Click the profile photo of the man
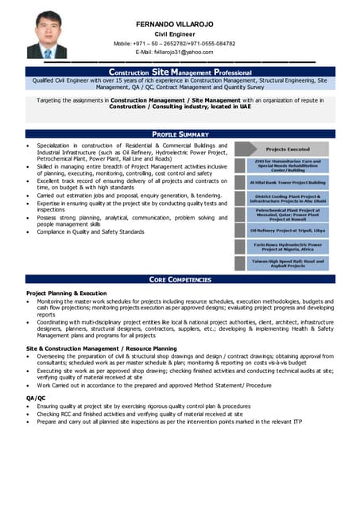click(47, 35)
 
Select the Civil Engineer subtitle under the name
click(184, 33)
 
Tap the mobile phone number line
click(185, 43)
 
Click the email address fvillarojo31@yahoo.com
click(184, 52)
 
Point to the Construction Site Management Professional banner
click(180, 72)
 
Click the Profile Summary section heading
click(180, 134)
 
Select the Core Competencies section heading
click(180, 279)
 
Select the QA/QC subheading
click(36, 397)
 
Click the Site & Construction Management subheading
click(102, 348)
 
